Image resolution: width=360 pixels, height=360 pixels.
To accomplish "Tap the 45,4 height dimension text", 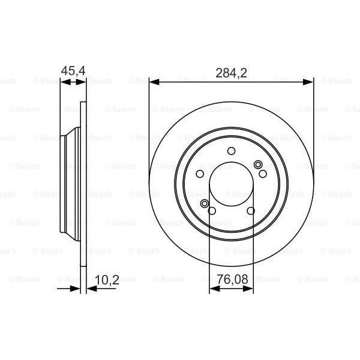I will tap(73, 71).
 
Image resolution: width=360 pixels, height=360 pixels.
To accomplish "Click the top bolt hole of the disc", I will tap(232, 151).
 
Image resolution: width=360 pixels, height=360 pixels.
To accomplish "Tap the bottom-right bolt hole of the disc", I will tap(251, 210).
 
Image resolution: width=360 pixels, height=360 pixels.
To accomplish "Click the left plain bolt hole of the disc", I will tap(200, 174).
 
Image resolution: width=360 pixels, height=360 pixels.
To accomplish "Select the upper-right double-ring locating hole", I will tap(258, 165).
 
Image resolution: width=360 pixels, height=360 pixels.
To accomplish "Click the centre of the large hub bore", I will tap(232, 185).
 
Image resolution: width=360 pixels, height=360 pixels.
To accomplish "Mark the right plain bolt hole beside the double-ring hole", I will tap(263, 173).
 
